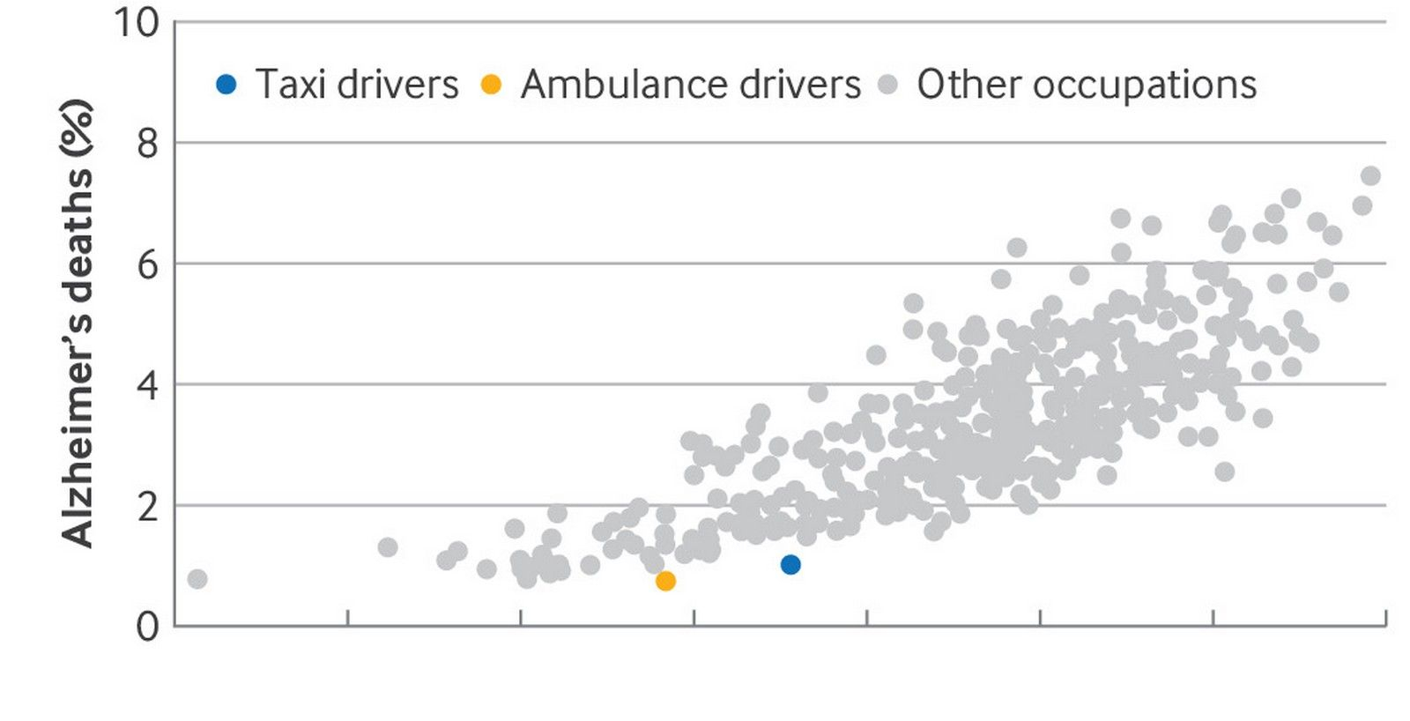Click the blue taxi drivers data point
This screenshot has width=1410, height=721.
pyautogui.click(x=790, y=565)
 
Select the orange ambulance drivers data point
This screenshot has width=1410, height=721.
pyautogui.click(x=665, y=581)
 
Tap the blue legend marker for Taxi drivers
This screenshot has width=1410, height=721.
pyautogui.click(x=226, y=85)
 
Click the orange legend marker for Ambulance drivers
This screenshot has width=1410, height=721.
pyautogui.click(x=491, y=85)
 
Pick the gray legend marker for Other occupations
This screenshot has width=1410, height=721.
pyautogui.click(x=888, y=85)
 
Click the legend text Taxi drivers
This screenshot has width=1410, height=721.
pyautogui.click(x=357, y=85)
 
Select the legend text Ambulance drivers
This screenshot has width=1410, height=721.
pyautogui.click(x=690, y=85)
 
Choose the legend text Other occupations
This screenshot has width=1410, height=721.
pyautogui.click(x=1087, y=85)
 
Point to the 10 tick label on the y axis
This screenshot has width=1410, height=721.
pyautogui.click(x=137, y=22)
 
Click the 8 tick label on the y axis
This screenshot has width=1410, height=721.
pyautogui.click(x=148, y=143)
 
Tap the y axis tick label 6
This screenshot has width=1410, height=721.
pyautogui.click(x=148, y=264)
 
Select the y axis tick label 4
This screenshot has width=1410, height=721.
pyautogui.click(x=148, y=385)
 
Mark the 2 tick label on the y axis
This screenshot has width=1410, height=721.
pyautogui.click(x=148, y=506)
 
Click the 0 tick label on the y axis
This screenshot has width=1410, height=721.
pyautogui.click(x=148, y=627)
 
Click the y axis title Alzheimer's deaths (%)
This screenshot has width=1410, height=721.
pyautogui.click(x=78, y=323)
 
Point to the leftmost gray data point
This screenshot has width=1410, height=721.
pyautogui.click(x=197, y=579)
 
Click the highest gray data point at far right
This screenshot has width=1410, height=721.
pyautogui.click(x=1370, y=176)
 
